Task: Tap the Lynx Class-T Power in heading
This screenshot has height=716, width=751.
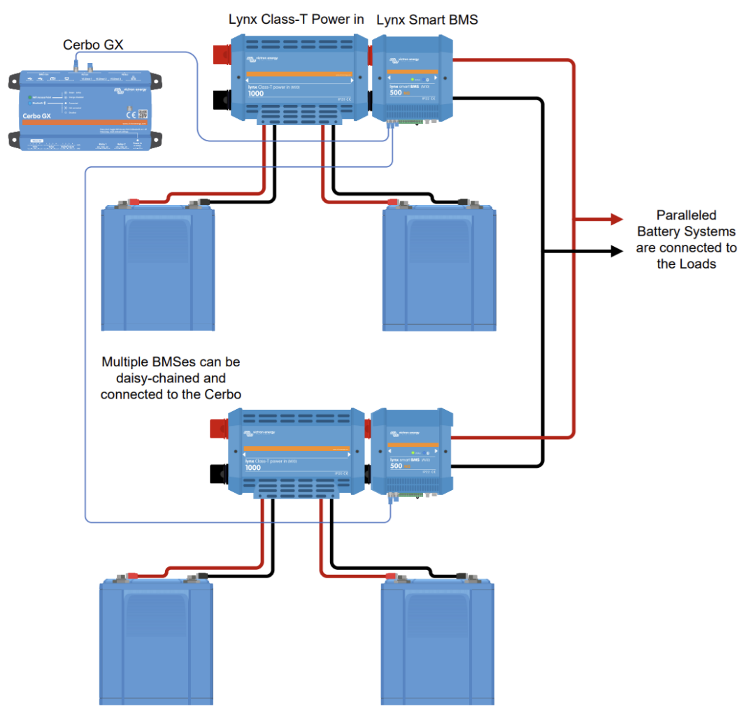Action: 296,19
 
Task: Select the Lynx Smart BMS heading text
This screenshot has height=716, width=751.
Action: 427,20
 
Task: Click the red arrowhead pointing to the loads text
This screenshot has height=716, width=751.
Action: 615,219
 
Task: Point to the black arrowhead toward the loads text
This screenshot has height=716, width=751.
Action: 615,250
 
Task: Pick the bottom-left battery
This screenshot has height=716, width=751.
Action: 155,642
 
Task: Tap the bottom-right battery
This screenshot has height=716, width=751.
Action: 437,642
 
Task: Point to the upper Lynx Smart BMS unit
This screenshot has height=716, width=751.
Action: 412,80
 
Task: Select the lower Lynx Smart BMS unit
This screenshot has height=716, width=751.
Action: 411,452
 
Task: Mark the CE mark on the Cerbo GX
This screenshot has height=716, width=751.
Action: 130,114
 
